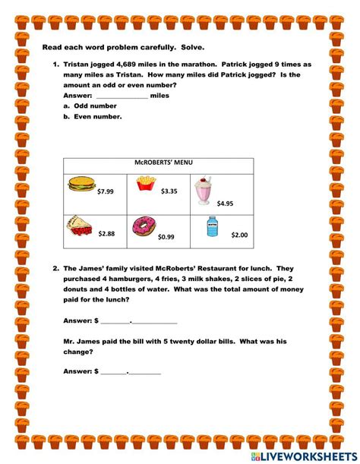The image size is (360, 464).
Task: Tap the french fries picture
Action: [146, 182]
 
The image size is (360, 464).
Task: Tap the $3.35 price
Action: [169, 191]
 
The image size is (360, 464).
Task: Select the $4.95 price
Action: [225, 204]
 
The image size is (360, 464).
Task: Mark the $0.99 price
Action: [166, 237]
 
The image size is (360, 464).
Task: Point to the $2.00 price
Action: [239, 235]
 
